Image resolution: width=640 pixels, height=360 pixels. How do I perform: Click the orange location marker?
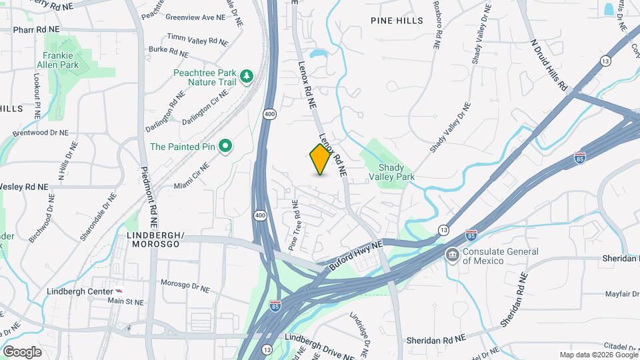click(320, 159)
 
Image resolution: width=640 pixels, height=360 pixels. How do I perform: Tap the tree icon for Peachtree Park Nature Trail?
click(247, 76)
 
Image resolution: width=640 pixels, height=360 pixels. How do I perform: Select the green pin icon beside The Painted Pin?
click(225, 146)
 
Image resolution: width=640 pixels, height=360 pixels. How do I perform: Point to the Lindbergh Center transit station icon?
click(119, 292)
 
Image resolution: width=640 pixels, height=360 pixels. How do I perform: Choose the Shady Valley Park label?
click(397, 172)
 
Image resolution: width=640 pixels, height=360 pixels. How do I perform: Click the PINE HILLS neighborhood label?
click(397, 21)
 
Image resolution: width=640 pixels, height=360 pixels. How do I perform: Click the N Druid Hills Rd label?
click(548, 65)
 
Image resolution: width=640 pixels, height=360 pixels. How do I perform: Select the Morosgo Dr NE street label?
click(185, 287)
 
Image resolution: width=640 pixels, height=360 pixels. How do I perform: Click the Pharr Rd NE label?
click(36, 29)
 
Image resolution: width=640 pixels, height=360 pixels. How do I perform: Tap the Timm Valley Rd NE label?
click(197, 40)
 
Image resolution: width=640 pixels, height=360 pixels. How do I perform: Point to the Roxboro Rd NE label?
click(437, 30)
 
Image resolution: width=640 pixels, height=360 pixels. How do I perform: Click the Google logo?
click(22, 351)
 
